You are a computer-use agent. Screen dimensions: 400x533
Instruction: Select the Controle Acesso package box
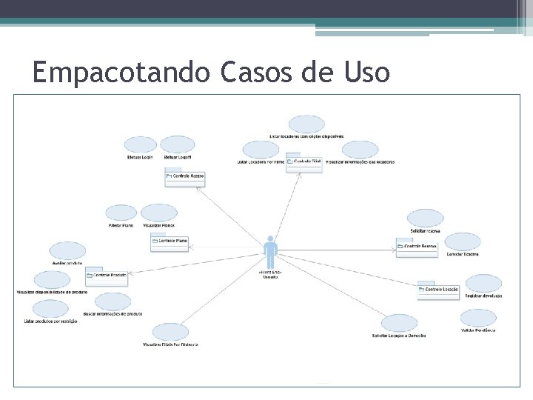click(185, 177)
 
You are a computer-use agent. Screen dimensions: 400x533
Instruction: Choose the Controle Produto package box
click(107, 276)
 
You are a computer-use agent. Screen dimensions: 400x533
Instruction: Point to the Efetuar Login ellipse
click(141, 144)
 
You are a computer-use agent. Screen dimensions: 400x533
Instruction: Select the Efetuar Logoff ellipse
click(178, 144)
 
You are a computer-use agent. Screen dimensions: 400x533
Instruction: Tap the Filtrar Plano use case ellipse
click(121, 213)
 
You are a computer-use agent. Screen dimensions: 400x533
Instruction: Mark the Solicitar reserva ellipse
click(425, 218)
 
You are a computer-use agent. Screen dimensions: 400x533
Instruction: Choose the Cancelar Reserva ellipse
click(463, 241)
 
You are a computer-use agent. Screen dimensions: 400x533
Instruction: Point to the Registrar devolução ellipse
click(483, 283)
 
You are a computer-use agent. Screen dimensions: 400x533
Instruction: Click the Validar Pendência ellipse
click(478, 318)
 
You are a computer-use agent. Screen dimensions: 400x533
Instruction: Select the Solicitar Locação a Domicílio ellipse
click(400, 323)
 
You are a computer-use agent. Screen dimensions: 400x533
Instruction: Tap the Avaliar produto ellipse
click(67, 251)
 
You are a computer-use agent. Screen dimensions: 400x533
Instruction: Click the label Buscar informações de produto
click(113, 314)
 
